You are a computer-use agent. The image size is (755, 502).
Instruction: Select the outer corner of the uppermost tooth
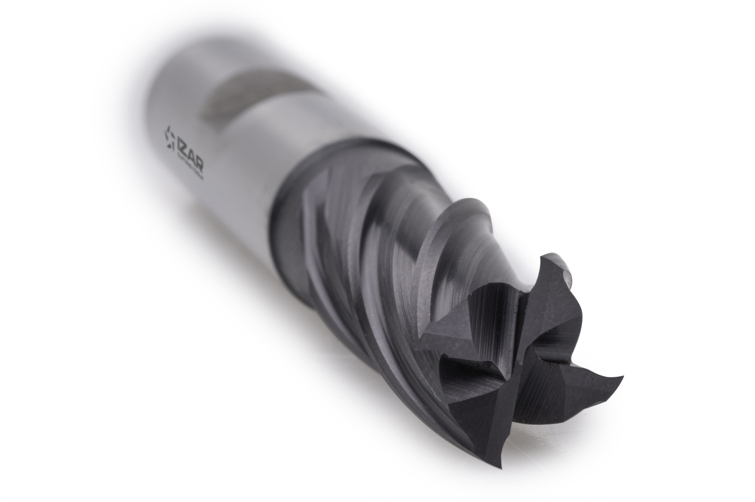pyautogui.click(x=544, y=257)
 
